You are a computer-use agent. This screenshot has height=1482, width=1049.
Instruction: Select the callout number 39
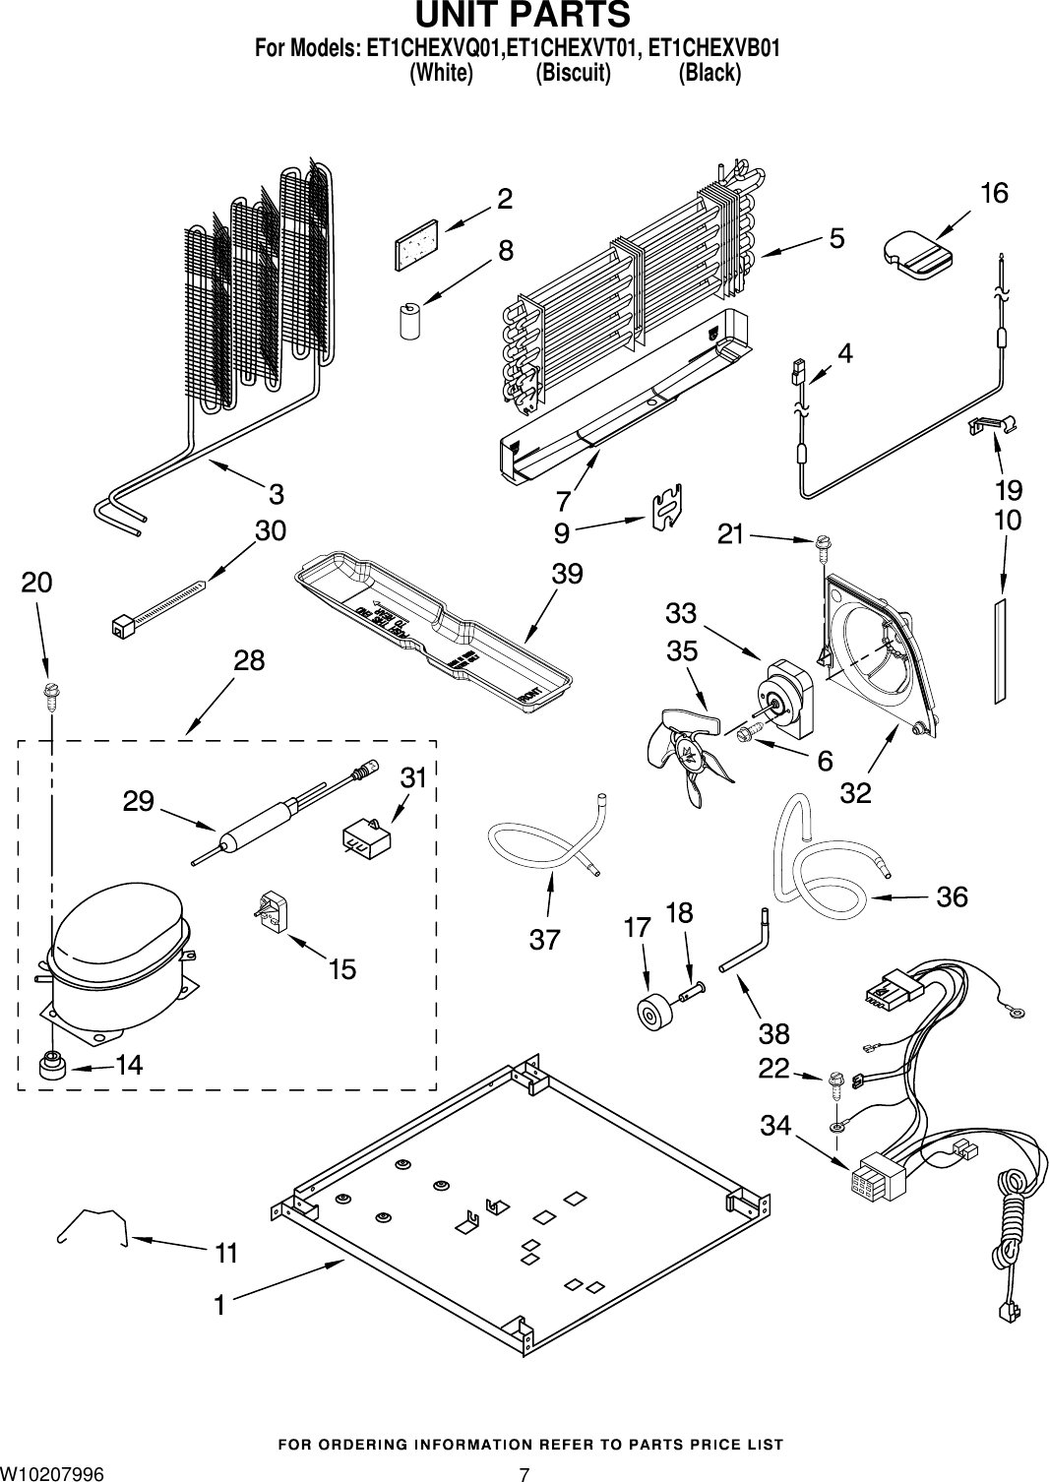click(567, 573)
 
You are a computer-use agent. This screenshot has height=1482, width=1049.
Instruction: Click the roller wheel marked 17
click(651, 1012)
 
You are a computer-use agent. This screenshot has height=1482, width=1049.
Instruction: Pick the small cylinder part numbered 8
click(409, 321)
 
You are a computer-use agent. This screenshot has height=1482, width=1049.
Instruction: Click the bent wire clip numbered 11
click(94, 1227)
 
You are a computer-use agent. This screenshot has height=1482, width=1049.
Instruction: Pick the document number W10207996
click(51, 1472)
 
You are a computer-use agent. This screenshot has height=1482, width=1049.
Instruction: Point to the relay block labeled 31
click(364, 839)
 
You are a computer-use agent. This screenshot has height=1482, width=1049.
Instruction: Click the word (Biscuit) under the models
click(573, 73)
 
